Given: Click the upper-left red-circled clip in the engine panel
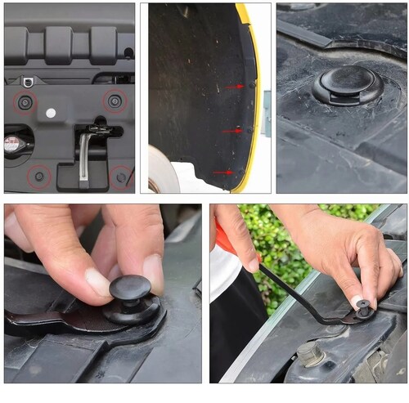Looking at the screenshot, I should click(26, 102).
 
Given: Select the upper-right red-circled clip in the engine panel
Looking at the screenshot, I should click(115, 101).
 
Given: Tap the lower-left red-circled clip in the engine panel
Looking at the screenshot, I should click(38, 176).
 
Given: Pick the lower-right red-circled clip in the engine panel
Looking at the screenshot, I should click(121, 177).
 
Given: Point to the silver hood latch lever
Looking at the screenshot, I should click(85, 155).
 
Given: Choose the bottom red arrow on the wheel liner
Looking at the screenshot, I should click(222, 172).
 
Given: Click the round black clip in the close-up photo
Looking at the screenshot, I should click(347, 83).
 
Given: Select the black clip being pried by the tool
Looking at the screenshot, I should click(363, 308).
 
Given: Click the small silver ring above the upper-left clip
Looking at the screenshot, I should click(28, 81).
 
